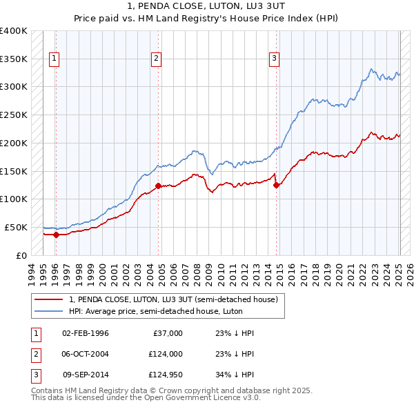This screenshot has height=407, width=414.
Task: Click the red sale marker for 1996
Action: (x=55, y=235)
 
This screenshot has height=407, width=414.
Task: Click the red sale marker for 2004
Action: (x=158, y=186)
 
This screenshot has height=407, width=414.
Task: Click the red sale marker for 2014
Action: (x=276, y=185)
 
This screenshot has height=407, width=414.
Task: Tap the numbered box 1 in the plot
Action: (x=54, y=59)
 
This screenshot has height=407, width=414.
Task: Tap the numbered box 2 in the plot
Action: (x=157, y=59)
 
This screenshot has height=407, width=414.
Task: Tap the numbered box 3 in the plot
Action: (x=274, y=59)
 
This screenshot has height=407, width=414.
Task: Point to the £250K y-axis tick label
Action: (x=14, y=115)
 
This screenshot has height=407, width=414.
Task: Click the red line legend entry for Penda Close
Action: (x=172, y=299)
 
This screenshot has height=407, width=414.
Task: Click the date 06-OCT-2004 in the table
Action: (x=85, y=354)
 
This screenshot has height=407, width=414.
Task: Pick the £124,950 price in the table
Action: (x=165, y=375)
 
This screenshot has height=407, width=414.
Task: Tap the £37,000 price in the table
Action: (x=168, y=333)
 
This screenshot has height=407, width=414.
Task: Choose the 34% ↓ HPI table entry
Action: (x=235, y=375)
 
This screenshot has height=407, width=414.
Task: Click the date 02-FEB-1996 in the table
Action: (x=85, y=333)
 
